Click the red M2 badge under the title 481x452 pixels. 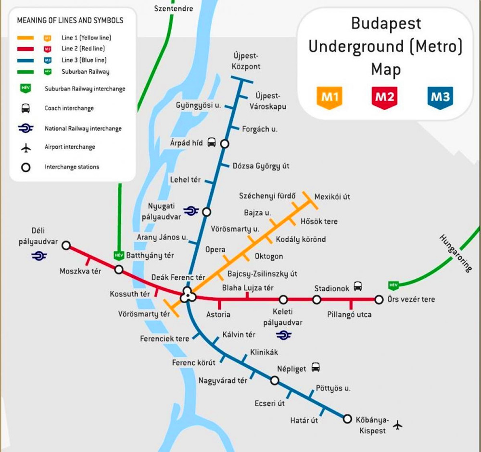pos(384,97)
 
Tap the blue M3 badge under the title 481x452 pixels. pos(440,97)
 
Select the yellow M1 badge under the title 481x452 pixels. pos(330,97)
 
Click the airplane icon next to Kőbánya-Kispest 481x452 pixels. pos(398,425)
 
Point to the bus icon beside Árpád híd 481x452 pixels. pos(212,142)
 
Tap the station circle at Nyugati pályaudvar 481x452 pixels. pos(207,212)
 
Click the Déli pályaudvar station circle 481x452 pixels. pos(66,245)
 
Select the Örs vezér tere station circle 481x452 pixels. pos(379,299)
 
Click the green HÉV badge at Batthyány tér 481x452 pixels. pos(118,255)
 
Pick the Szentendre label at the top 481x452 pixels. pos(174,8)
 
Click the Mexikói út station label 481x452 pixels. pos(332,196)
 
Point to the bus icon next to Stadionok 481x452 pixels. pos(358,287)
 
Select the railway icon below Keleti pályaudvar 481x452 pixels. pos(284,335)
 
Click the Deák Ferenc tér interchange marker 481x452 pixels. pos(187,296)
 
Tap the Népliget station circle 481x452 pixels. pos(274,380)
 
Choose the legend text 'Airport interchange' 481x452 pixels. pos(70,147)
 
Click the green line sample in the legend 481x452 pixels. pos(25,72)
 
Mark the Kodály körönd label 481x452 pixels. pos(301,239)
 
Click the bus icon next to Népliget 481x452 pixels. pos(316,367)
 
